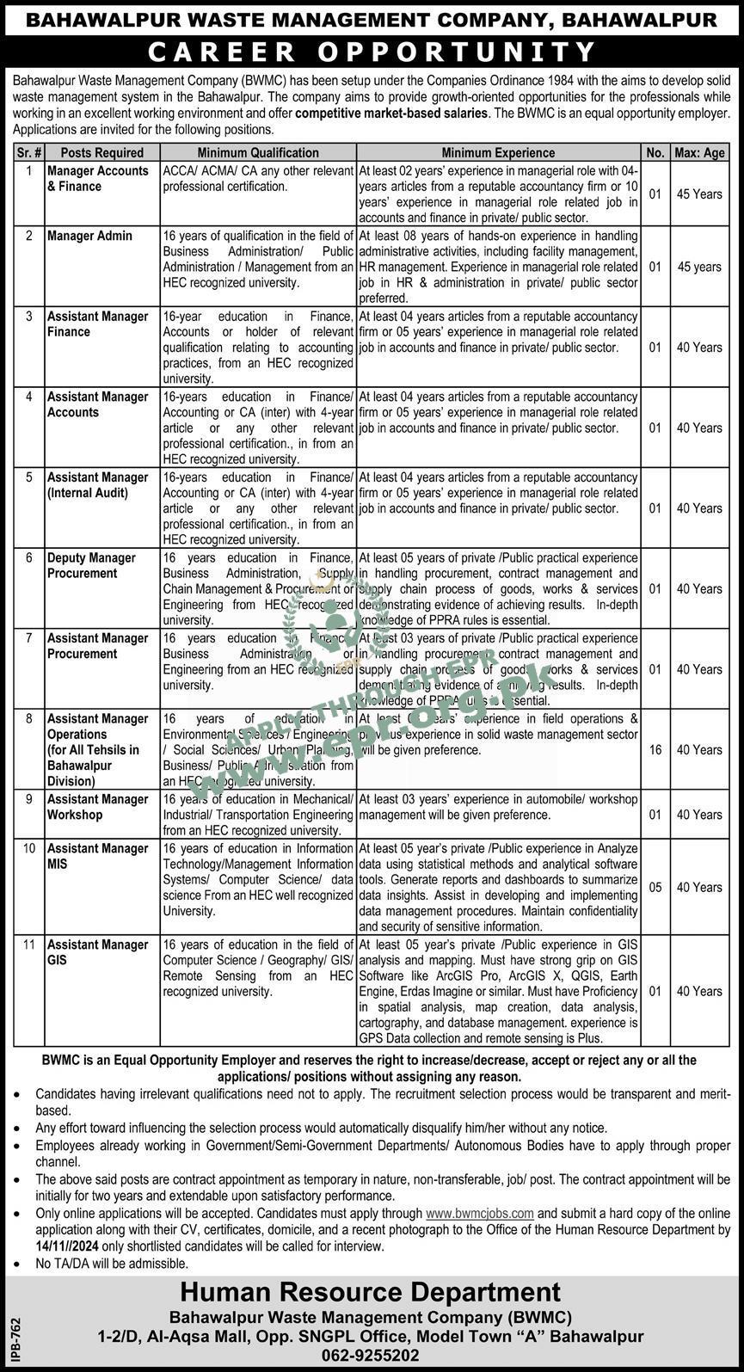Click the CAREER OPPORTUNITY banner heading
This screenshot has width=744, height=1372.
click(372, 52)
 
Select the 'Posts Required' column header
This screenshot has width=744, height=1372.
click(95, 152)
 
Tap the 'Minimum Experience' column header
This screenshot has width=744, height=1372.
click(498, 152)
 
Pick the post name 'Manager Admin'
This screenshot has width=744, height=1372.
click(89, 236)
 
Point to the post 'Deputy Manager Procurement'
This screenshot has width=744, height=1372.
click(91, 566)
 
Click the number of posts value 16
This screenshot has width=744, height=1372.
click(655, 750)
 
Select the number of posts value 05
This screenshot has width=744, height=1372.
click(655, 888)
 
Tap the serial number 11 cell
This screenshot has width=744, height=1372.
click(29, 944)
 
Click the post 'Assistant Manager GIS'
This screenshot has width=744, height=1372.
click(97, 952)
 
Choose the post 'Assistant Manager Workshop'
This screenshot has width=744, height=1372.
click(97, 807)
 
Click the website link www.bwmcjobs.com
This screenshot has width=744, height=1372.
click(480, 1213)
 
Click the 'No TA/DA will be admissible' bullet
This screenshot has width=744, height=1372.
click(112, 1264)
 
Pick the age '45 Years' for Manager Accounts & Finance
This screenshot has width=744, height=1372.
click(698, 194)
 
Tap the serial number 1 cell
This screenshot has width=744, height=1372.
click(29, 170)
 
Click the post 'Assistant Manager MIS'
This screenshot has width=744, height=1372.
click(97, 856)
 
